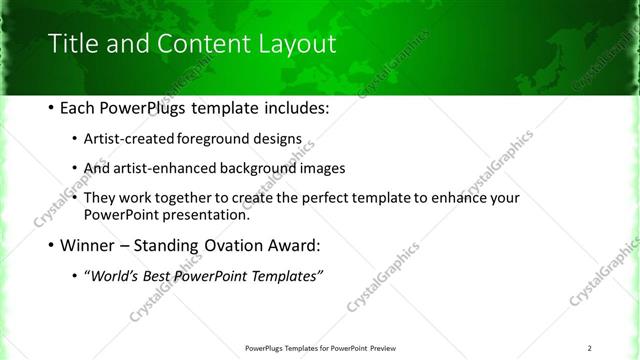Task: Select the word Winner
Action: pos(91,245)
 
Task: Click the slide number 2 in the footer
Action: pos(590,348)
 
